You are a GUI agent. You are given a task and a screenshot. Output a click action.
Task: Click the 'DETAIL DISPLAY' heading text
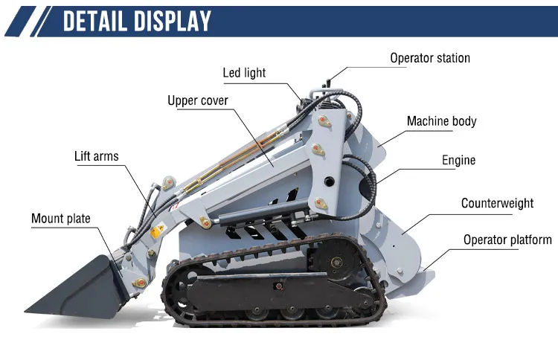point(137,21)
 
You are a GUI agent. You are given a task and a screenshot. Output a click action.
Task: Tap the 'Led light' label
point(244,73)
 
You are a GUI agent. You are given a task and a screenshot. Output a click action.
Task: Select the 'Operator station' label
point(430,58)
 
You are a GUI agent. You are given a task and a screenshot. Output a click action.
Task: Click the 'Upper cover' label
point(197,100)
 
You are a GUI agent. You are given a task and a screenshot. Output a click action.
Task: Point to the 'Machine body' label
point(441,121)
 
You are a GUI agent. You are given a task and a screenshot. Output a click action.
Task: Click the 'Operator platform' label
point(507,240)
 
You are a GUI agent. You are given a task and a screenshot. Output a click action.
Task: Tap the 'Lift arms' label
point(96,156)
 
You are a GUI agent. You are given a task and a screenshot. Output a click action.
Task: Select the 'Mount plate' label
point(60,219)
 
